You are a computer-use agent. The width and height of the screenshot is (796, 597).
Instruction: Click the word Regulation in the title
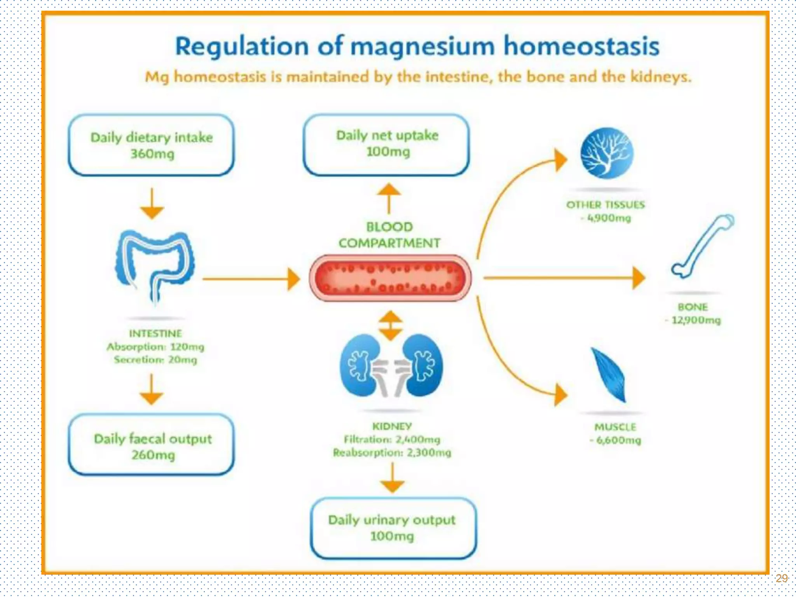pyautogui.click(x=242, y=47)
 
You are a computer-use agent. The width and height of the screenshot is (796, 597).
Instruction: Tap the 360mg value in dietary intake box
pyautogui.click(x=152, y=154)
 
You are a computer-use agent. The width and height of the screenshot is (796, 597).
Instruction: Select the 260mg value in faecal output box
pyautogui.click(x=153, y=455)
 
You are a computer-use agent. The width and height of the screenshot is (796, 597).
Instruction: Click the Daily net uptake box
pyautogui.click(x=386, y=145)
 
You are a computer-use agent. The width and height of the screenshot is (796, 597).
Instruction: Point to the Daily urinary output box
pyautogui.click(x=393, y=528)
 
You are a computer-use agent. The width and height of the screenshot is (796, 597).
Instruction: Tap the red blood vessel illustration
pyautogui.click(x=390, y=278)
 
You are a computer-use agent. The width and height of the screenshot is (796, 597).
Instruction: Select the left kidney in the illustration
pyautogui.click(x=360, y=365)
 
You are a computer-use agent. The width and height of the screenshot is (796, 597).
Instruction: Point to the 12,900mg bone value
pyautogui.click(x=695, y=320)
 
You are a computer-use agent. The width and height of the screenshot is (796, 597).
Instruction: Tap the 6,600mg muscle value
pyautogui.click(x=618, y=440)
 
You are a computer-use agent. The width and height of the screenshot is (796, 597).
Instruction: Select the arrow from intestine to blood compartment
pyautogui.click(x=251, y=279)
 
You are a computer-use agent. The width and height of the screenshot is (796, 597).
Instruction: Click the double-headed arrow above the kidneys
pyautogui.click(x=391, y=325)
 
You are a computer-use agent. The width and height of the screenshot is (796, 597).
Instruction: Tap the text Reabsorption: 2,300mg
pyautogui.click(x=392, y=453)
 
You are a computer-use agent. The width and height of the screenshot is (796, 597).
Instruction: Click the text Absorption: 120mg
pyautogui.click(x=155, y=347)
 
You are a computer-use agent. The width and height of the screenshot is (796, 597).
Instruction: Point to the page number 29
pyautogui.click(x=781, y=578)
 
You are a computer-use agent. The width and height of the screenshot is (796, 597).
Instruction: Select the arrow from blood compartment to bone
pyautogui.click(x=564, y=278)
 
